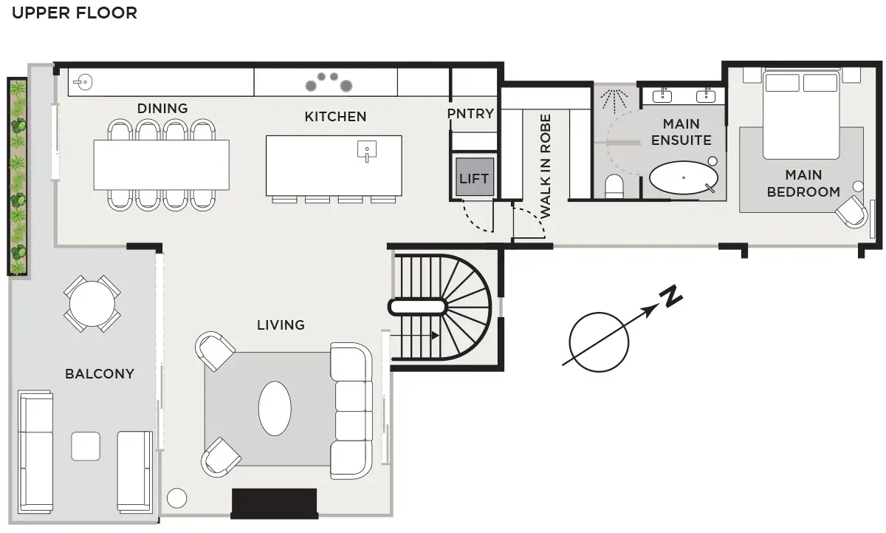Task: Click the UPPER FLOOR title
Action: coord(75,13)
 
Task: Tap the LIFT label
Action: coord(474,179)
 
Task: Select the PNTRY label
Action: coord(471,114)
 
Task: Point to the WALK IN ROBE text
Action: coord(546,166)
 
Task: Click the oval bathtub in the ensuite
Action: coord(684,177)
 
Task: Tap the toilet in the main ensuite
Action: coord(614,186)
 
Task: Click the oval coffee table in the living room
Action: coord(275,409)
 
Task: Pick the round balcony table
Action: coord(92,304)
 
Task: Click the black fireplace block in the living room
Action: coord(275,503)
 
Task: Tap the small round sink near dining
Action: coord(83,82)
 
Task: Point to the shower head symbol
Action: coord(614,100)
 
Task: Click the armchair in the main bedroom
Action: coord(852,212)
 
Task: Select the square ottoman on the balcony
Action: coord(86,447)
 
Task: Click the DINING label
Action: coord(162,109)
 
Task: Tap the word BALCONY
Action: coord(100,374)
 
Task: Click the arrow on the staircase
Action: coord(414,336)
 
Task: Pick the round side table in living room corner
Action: coord(176,498)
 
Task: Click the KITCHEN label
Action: coord(335,117)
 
